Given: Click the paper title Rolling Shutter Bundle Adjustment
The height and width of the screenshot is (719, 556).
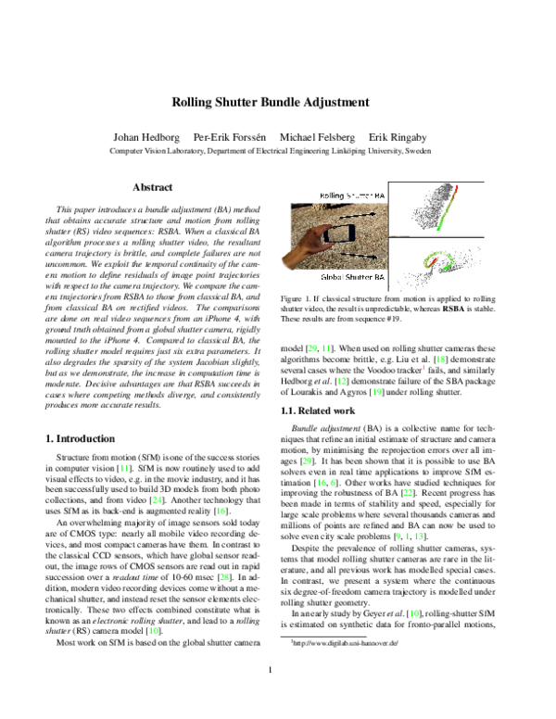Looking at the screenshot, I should [278, 103].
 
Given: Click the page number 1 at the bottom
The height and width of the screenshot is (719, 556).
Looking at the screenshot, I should [277, 696].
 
